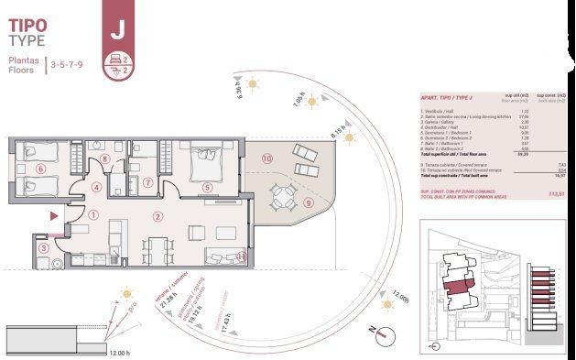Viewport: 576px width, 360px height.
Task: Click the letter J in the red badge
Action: point(117,28)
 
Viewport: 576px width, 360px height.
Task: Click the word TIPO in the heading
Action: point(28,22)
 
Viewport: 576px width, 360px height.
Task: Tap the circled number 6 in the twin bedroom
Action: point(39,169)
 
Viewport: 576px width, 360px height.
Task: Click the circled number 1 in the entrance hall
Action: point(95,216)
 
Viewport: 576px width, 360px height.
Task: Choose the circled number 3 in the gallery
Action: point(43,247)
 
